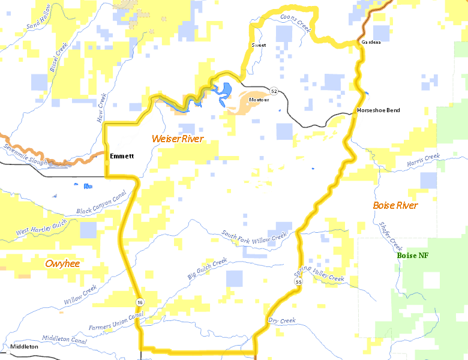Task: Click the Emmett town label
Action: coord(122,156)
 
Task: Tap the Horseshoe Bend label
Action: coord(378,110)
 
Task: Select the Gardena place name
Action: coord(371,42)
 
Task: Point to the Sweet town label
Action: coord(259,45)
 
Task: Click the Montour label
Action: coord(259,99)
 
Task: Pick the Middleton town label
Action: coord(25,347)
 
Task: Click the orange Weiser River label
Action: coord(178,139)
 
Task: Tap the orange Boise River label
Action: coord(395,205)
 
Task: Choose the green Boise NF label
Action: coord(413,255)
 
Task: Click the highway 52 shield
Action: coord(274,91)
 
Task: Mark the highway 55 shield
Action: coord(299,281)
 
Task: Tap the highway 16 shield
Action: coord(139,302)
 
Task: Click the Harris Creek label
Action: coord(423,160)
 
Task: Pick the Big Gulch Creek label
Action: coord(208,268)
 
